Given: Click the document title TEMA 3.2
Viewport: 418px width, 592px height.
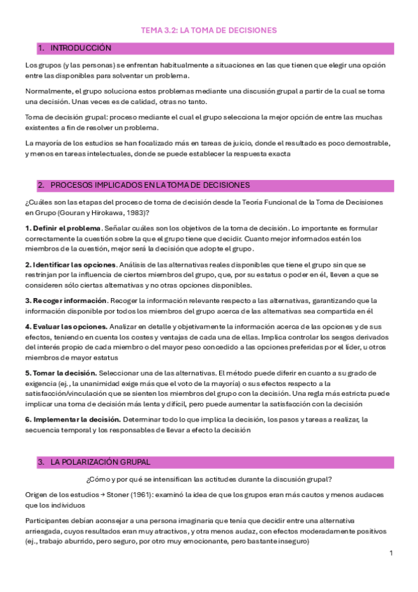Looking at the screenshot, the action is pos(209,30).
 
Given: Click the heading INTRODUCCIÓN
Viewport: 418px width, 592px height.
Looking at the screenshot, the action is pos(81,48).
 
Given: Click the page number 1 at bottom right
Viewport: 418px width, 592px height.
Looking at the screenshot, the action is pos(391,553).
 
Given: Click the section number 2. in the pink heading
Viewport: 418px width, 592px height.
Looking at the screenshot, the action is pos(42,185).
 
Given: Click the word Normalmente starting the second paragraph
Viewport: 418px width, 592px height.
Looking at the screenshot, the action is pos(48,91).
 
